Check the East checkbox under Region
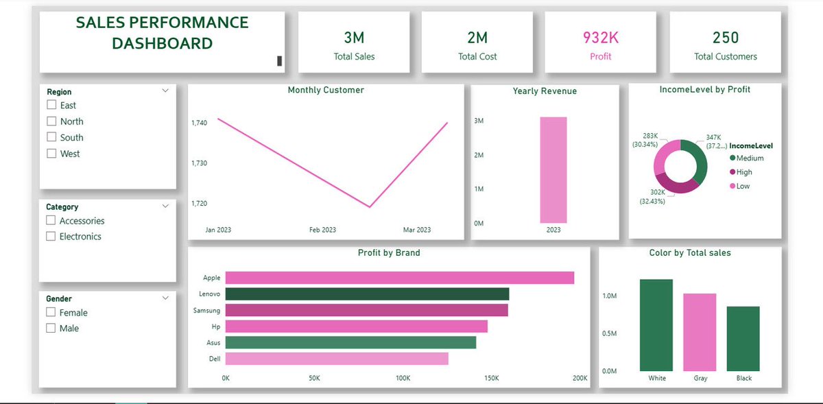pyautogui.click(x=51, y=105)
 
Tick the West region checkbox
pyautogui.click(x=51, y=154)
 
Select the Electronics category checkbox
pyautogui.click(x=51, y=237)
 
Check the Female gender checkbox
pyautogui.click(x=51, y=313)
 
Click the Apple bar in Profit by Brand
pyautogui.click(x=399, y=278)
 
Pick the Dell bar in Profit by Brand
pyautogui.click(x=336, y=359)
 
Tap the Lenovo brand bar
pyautogui.click(x=367, y=294)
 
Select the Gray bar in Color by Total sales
pyautogui.click(x=700, y=332)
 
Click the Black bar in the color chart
pyautogui.click(x=743, y=338)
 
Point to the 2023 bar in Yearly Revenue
pyautogui.click(x=553, y=170)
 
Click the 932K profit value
pyautogui.click(x=600, y=37)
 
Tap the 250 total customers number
pyautogui.click(x=726, y=37)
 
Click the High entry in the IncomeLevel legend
pyautogui.click(x=743, y=172)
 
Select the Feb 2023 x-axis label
pyautogui.click(x=323, y=230)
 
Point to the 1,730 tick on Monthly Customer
pyautogui.click(x=200, y=163)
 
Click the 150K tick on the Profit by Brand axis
pyautogui.click(x=491, y=379)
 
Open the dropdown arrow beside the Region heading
pyautogui.click(x=165, y=91)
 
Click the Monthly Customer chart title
pyautogui.click(x=326, y=91)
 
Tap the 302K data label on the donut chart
pyautogui.click(x=658, y=193)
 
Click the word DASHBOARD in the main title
pyautogui.click(x=162, y=44)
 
